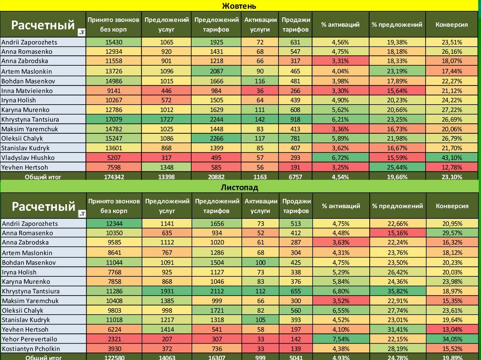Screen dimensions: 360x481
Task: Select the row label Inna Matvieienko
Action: pos(27,91)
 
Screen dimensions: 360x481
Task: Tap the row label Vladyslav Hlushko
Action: pos(28,158)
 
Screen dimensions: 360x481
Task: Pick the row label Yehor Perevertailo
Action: pos(29,339)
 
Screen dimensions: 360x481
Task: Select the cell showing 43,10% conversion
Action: pos(452,158)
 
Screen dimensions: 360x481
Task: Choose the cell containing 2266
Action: pos(216,138)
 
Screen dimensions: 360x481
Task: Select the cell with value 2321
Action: pos(114,339)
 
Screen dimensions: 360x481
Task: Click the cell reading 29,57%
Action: pos(452,233)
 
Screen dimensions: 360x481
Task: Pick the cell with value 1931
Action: pos(167,291)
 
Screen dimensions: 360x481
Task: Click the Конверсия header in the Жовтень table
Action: pos(452,24)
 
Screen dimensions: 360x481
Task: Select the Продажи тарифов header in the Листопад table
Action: pos(295,206)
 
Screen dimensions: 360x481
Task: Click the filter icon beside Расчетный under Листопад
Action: pos(82,214)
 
